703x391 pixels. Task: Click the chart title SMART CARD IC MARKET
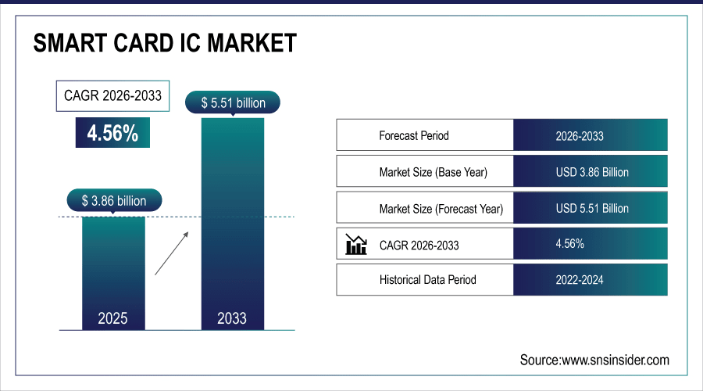point(165,43)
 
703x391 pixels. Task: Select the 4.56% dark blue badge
point(112,133)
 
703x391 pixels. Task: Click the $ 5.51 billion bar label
point(233,102)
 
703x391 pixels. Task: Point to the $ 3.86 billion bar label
point(113,201)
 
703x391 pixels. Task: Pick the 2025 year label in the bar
point(112,318)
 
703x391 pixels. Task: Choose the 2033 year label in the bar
point(232,318)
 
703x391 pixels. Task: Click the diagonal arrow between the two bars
point(172,253)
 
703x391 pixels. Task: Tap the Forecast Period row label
point(414,135)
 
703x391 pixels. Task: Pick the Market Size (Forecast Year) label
point(441,209)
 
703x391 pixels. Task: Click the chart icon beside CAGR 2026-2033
point(355,245)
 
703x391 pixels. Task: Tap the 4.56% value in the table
point(569,244)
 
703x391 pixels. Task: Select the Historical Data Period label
point(427,279)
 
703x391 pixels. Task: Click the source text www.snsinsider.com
point(594,360)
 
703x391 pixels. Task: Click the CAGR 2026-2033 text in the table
point(419,246)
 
